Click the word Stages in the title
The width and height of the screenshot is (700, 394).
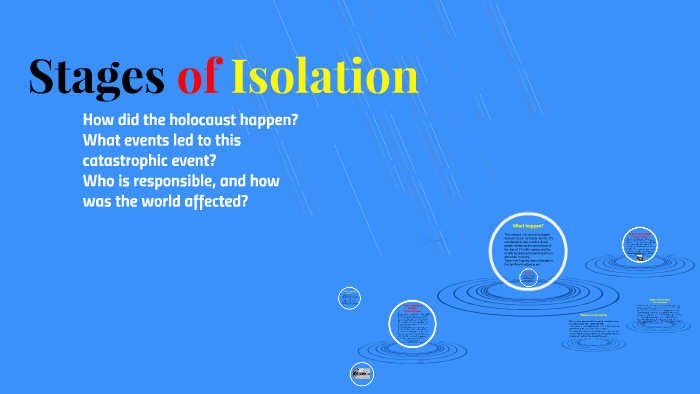96,78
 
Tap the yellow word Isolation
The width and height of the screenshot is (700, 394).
325,78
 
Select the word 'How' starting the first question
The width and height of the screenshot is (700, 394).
100,120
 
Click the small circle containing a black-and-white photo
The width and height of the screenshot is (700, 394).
361,374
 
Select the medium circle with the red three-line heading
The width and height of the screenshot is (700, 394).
412,322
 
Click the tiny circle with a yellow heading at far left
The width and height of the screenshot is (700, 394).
349,298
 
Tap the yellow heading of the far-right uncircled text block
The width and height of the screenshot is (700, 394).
659,300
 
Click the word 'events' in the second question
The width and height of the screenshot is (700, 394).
151,140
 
